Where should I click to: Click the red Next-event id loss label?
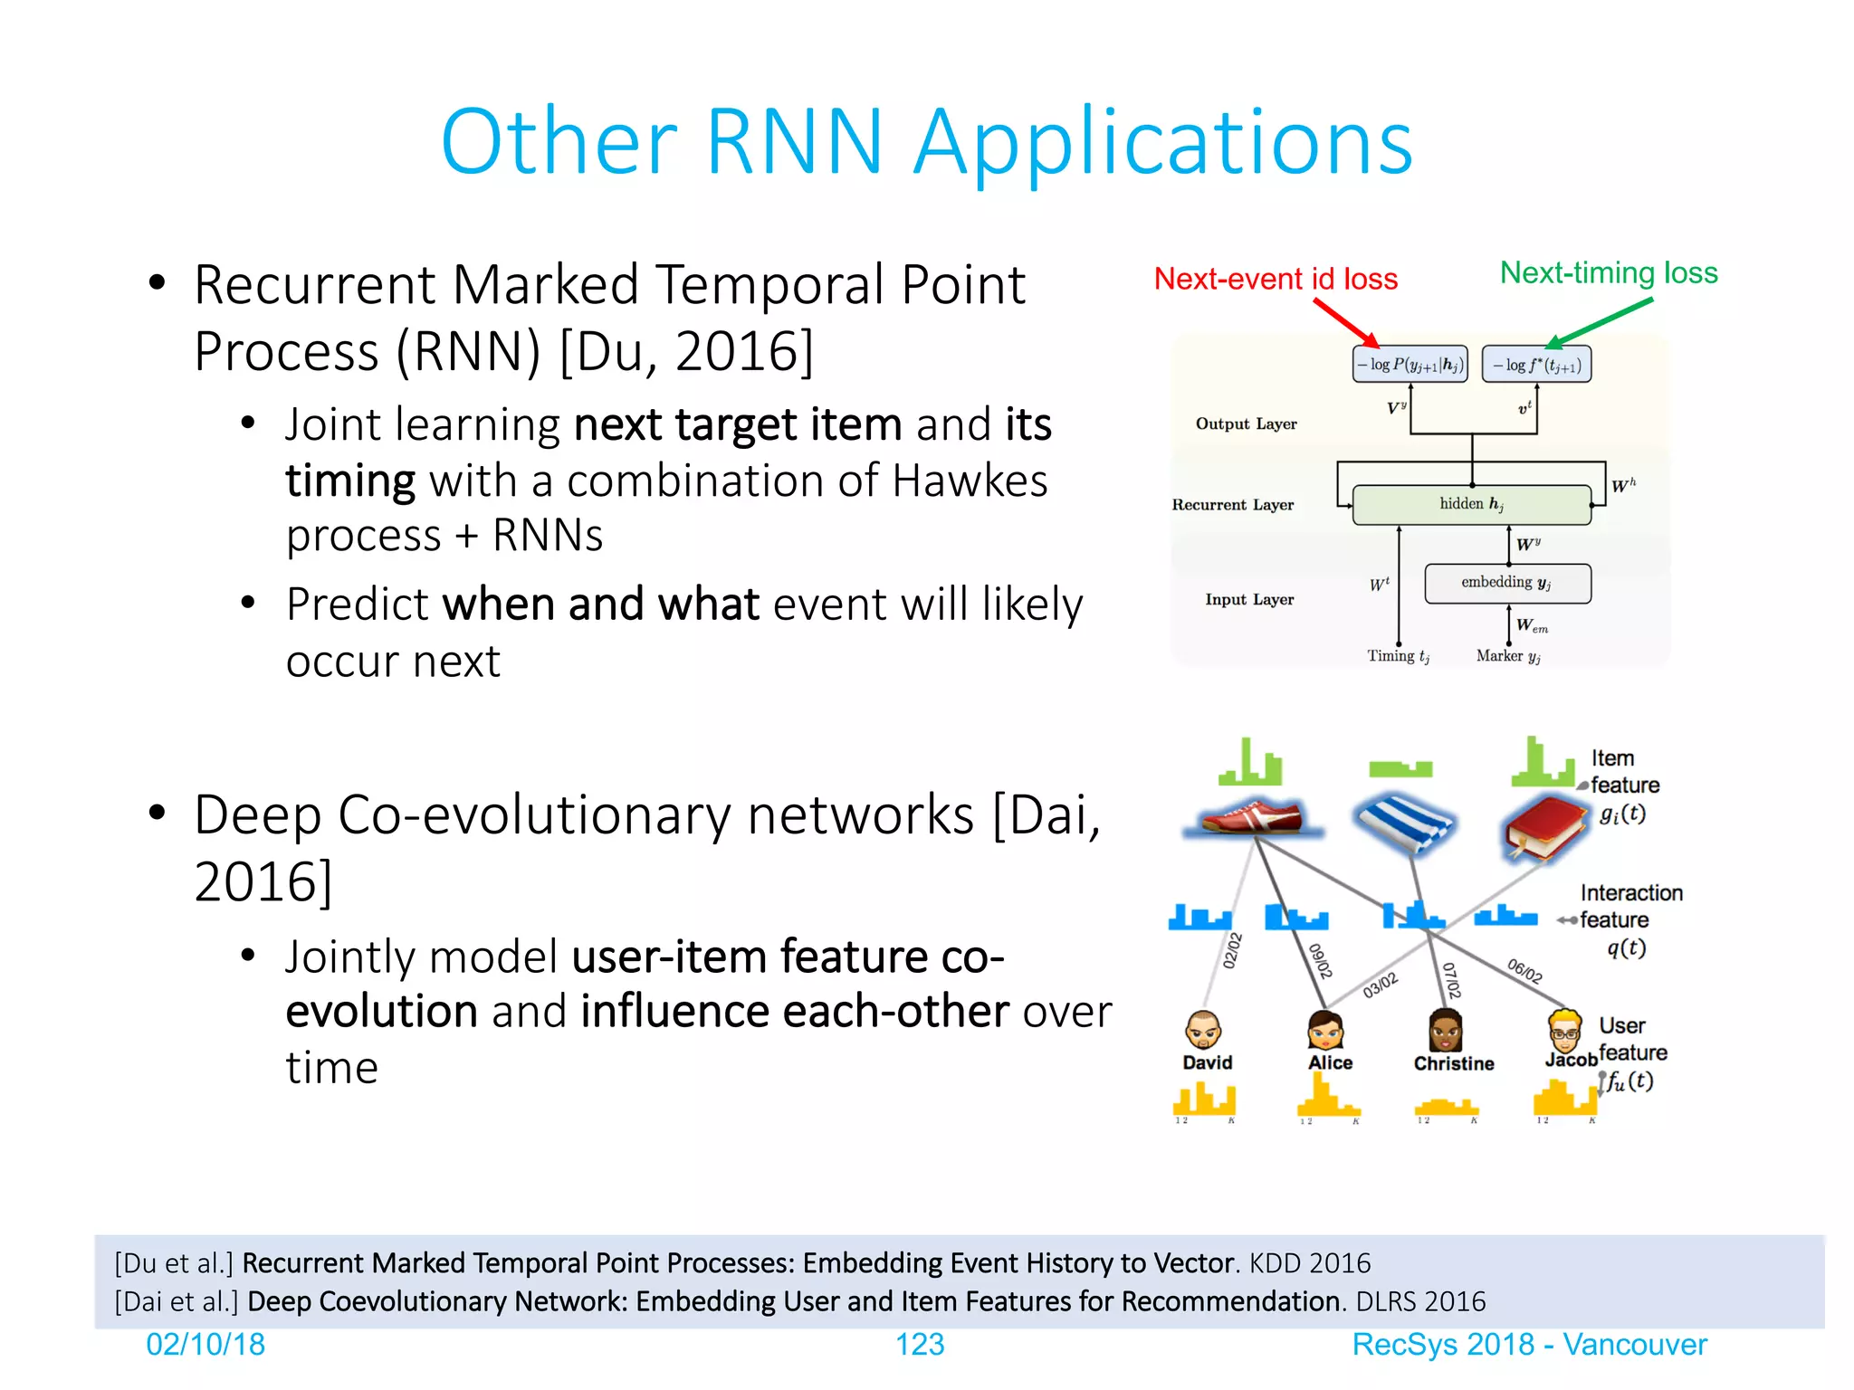(x=1275, y=280)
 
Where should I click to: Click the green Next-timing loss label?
(x=1608, y=273)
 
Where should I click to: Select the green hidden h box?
(x=1471, y=504)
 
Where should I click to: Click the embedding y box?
(x=1506, y=583)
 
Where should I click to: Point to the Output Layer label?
(x=1246, y=424)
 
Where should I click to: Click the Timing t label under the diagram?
(x=1397, y=656)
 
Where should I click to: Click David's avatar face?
(x=1203, y=1030)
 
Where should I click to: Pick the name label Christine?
(x=1453, y=1063)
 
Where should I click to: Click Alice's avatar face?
(x=1325, y=1030)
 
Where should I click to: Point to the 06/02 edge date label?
(x=1524, y=970)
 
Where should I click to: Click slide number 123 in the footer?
(x=919, y=1345)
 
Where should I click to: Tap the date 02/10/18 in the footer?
(x=205, y=1345)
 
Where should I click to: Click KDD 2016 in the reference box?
(x=1309, y=1263)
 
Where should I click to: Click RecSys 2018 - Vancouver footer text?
(x=1528, y=1345)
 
